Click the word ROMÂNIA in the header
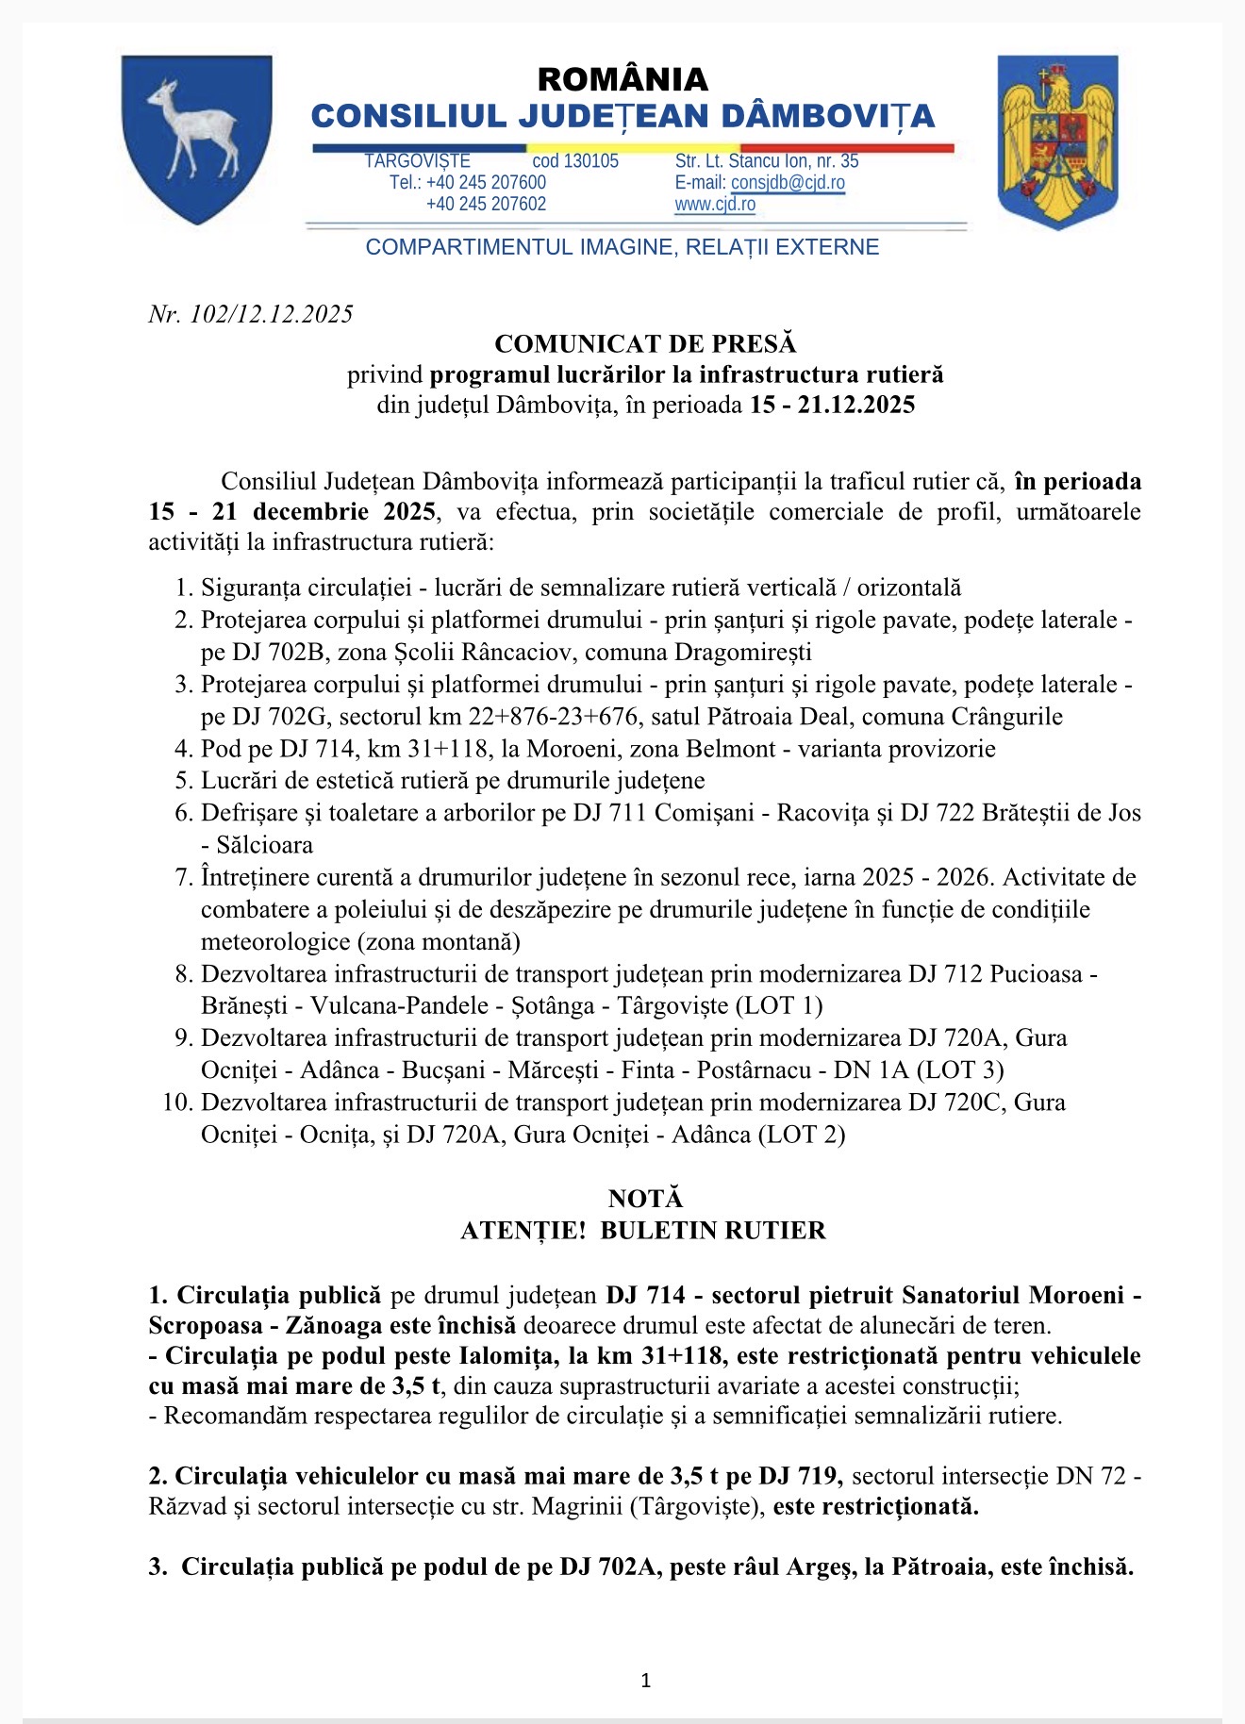(622, 79)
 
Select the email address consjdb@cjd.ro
(788, 183)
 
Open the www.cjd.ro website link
(715, 205)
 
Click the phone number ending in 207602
(486, 205)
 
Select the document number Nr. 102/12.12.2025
(251, 314)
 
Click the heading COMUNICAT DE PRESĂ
(645, 343)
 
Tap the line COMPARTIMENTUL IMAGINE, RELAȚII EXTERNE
(622, 247)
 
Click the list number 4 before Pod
(183, 750)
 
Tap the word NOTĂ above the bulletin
(645, 1199)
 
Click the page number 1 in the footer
(645, 1680)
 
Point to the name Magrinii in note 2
(577, 1506)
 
